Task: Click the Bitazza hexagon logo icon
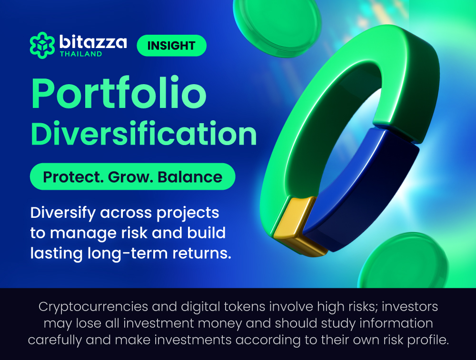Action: [42, 45]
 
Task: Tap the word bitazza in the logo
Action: [93, 42]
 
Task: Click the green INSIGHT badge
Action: [171, 46]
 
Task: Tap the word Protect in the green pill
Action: [71, 177]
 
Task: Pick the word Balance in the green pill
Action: [190, 177]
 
